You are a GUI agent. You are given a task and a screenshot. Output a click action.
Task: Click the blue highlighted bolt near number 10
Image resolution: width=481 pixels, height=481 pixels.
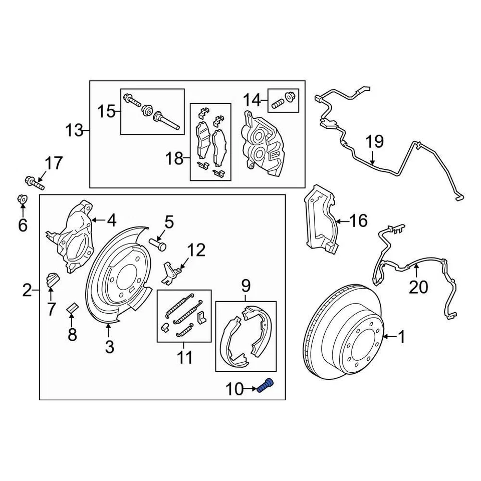(266, 387)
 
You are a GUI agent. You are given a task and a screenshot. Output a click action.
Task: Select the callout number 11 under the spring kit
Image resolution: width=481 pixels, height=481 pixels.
(184, 357)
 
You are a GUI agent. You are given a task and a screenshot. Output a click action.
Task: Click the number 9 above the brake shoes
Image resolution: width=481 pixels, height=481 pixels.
(246, 286)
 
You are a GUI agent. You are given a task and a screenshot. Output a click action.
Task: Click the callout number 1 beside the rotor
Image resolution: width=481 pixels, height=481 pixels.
(401, 337)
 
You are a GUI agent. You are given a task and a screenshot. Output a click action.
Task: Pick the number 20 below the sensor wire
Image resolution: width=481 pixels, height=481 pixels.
(419, 287)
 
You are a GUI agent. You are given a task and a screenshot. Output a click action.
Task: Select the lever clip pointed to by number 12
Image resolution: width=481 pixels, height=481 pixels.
(171, 271)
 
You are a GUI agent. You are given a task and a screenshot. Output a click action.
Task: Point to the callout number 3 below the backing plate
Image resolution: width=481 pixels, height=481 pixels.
(109, 346)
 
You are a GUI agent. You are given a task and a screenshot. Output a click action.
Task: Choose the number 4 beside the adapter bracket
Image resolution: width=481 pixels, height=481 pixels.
(111, 219)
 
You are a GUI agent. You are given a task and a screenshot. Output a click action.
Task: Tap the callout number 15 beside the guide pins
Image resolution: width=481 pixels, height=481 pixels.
(106, 111)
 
